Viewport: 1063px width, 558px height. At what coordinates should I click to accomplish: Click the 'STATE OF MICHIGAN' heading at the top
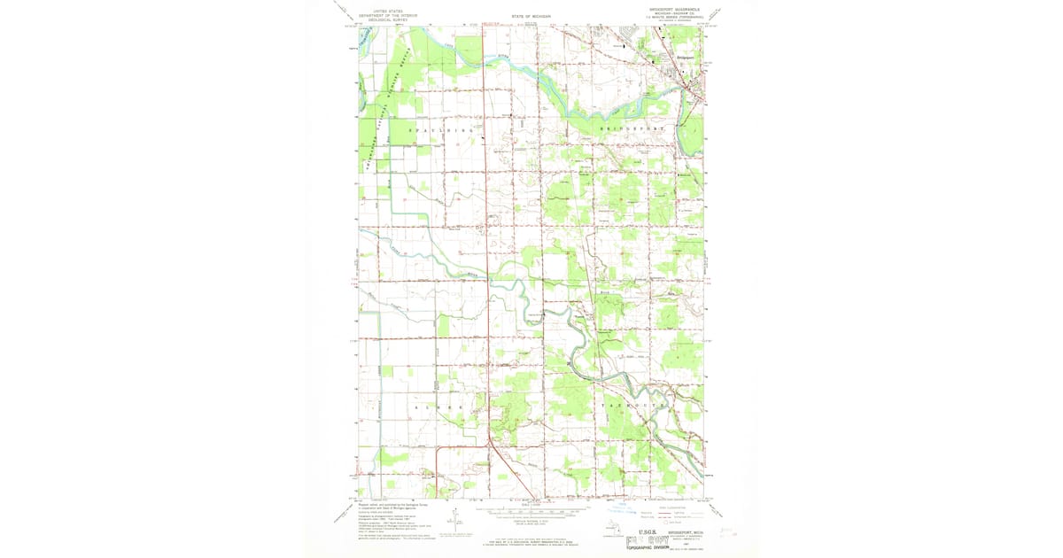pos(531,16)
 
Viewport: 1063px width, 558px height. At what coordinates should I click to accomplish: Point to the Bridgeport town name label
pos(685,58)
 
